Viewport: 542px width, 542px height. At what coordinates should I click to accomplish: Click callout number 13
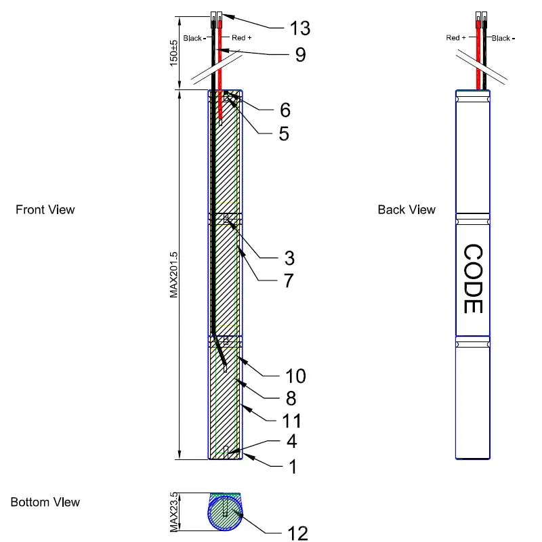click(x=299, y=28)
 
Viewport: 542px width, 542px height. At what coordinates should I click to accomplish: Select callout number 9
click(x=300, y=54)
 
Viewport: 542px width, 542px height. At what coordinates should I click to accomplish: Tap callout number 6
click(x=285, y=109)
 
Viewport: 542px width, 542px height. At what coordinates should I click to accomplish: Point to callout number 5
click(x=283, y=133)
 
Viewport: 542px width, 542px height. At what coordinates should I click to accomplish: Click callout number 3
click(x=289, y=258)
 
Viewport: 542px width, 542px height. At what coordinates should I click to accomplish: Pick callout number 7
click(x=289, y=280)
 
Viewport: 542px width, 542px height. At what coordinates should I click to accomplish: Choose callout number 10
click(x=296, y=376)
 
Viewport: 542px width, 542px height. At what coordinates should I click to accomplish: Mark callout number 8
click(x=290, y=398)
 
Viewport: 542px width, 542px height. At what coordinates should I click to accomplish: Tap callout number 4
click(x=290, y=442)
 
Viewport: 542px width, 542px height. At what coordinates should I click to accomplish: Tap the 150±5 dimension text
click(x=173, y=53)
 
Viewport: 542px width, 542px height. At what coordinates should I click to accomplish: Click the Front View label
click(x=45, y=210)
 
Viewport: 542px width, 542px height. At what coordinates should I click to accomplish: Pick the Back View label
click(x=406, y=210)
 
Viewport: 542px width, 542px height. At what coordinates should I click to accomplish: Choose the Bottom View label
click(x=45, y=502)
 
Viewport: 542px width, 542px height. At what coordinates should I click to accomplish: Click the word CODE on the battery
click(x=472, y=278)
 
